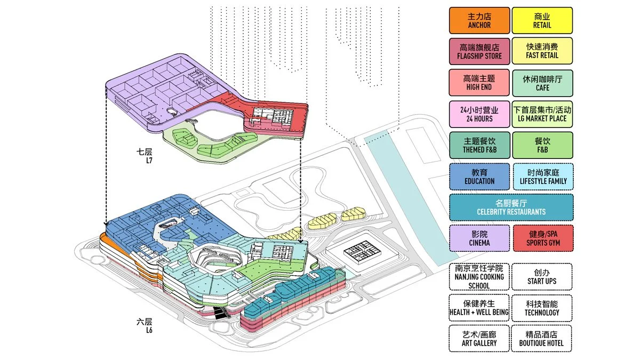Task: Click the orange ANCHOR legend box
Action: click(479, 20)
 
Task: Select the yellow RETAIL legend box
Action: click(542, 20)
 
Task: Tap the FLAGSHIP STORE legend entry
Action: click(479, 51)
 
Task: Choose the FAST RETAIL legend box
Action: click(542, 51)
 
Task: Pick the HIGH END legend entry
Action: click(479, 83)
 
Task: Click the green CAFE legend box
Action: click(542, 83)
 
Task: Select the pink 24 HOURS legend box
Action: click(479, 114)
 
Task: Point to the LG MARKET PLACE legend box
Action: click(542, 114)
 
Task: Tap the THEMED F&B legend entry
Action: click(479, 145)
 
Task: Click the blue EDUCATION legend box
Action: click(479, 177)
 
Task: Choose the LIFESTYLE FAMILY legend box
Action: click(542, 177)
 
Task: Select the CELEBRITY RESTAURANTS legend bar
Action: click(511, 207)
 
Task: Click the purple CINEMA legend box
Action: click(479, 238)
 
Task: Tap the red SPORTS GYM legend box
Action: click(542, 238)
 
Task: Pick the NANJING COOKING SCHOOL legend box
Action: click(479, 276)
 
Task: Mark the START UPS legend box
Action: click(542, 276)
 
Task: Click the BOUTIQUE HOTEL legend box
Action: click(542, 338)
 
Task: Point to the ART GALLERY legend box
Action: click(479, 338)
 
